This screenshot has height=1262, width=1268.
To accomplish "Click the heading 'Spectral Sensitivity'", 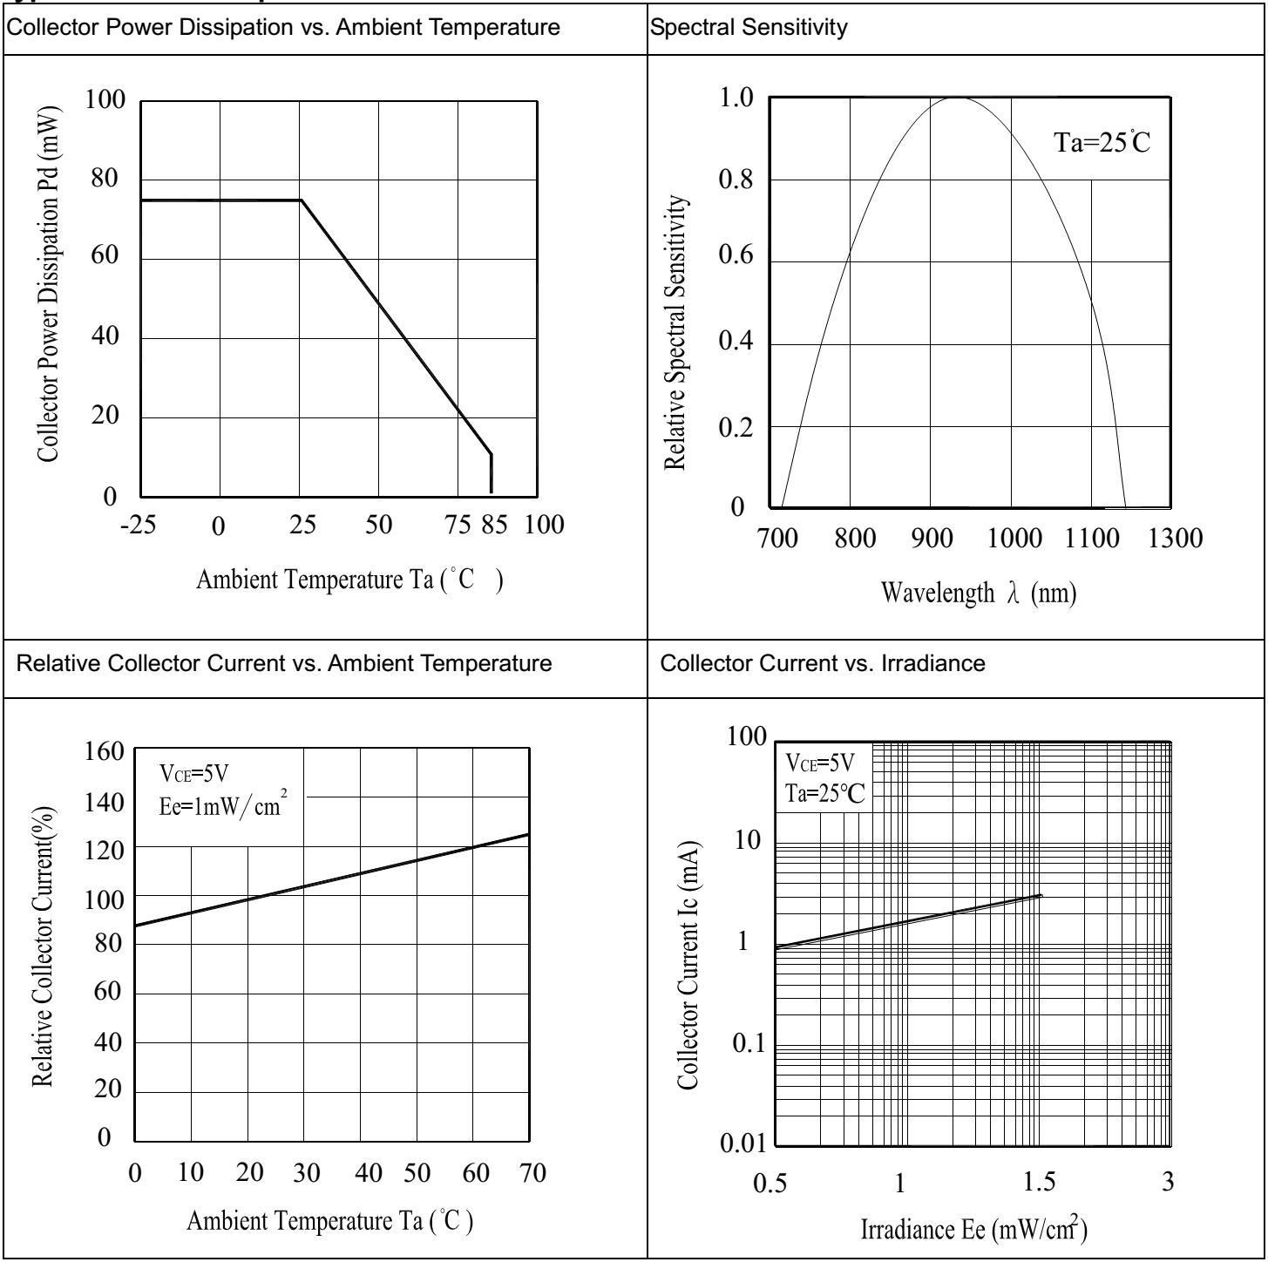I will [749, 28].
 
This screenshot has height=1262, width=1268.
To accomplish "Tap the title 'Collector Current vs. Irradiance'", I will [823, 663].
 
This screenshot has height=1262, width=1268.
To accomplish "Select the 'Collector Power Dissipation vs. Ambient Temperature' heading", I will [284, 28].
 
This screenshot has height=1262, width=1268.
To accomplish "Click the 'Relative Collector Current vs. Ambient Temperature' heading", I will [284, 663].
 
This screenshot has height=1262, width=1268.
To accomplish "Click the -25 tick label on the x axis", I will [140, 525].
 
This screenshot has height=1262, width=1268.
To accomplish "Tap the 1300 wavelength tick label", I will [1175, 538].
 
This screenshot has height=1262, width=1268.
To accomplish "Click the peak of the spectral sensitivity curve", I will [956, 98].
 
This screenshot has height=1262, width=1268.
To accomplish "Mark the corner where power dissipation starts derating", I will [302, 200].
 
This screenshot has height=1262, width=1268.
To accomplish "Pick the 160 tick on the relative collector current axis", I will [105, 751].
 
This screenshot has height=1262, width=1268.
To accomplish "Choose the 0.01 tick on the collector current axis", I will [742, 1143].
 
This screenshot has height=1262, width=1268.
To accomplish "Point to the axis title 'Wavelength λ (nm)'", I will [979, 594].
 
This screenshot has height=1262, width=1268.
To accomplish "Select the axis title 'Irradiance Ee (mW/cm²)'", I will [973, 1229].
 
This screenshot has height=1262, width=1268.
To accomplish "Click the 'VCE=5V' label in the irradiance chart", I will [820, 764].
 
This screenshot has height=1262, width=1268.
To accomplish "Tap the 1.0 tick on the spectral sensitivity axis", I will [736, 98].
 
